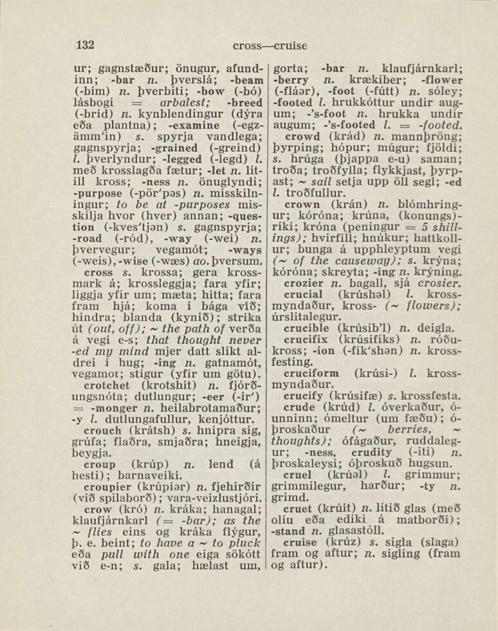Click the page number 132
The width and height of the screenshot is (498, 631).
coord(84,44)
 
